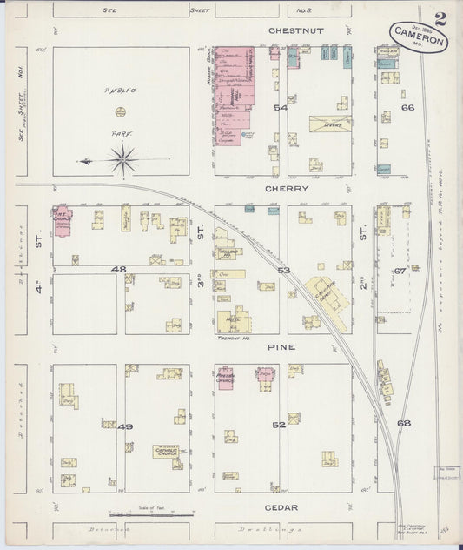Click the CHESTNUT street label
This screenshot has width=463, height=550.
coord(295,30)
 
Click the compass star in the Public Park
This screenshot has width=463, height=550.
coord(124,158)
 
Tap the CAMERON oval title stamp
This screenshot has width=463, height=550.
coord(419,37)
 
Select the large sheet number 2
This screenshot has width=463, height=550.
coord(441,18)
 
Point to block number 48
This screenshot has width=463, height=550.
coord(119,270)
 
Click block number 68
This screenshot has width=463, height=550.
coord(403,424)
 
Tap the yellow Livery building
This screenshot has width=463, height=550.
coord(330,125)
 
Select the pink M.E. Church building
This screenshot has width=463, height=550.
coord(63,219)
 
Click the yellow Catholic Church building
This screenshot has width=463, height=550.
coord(167,451)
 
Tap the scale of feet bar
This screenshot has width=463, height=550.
coord(150,515)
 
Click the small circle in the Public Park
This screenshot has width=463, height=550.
coord(121,111)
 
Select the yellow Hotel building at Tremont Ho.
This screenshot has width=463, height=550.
coord(233,320)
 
